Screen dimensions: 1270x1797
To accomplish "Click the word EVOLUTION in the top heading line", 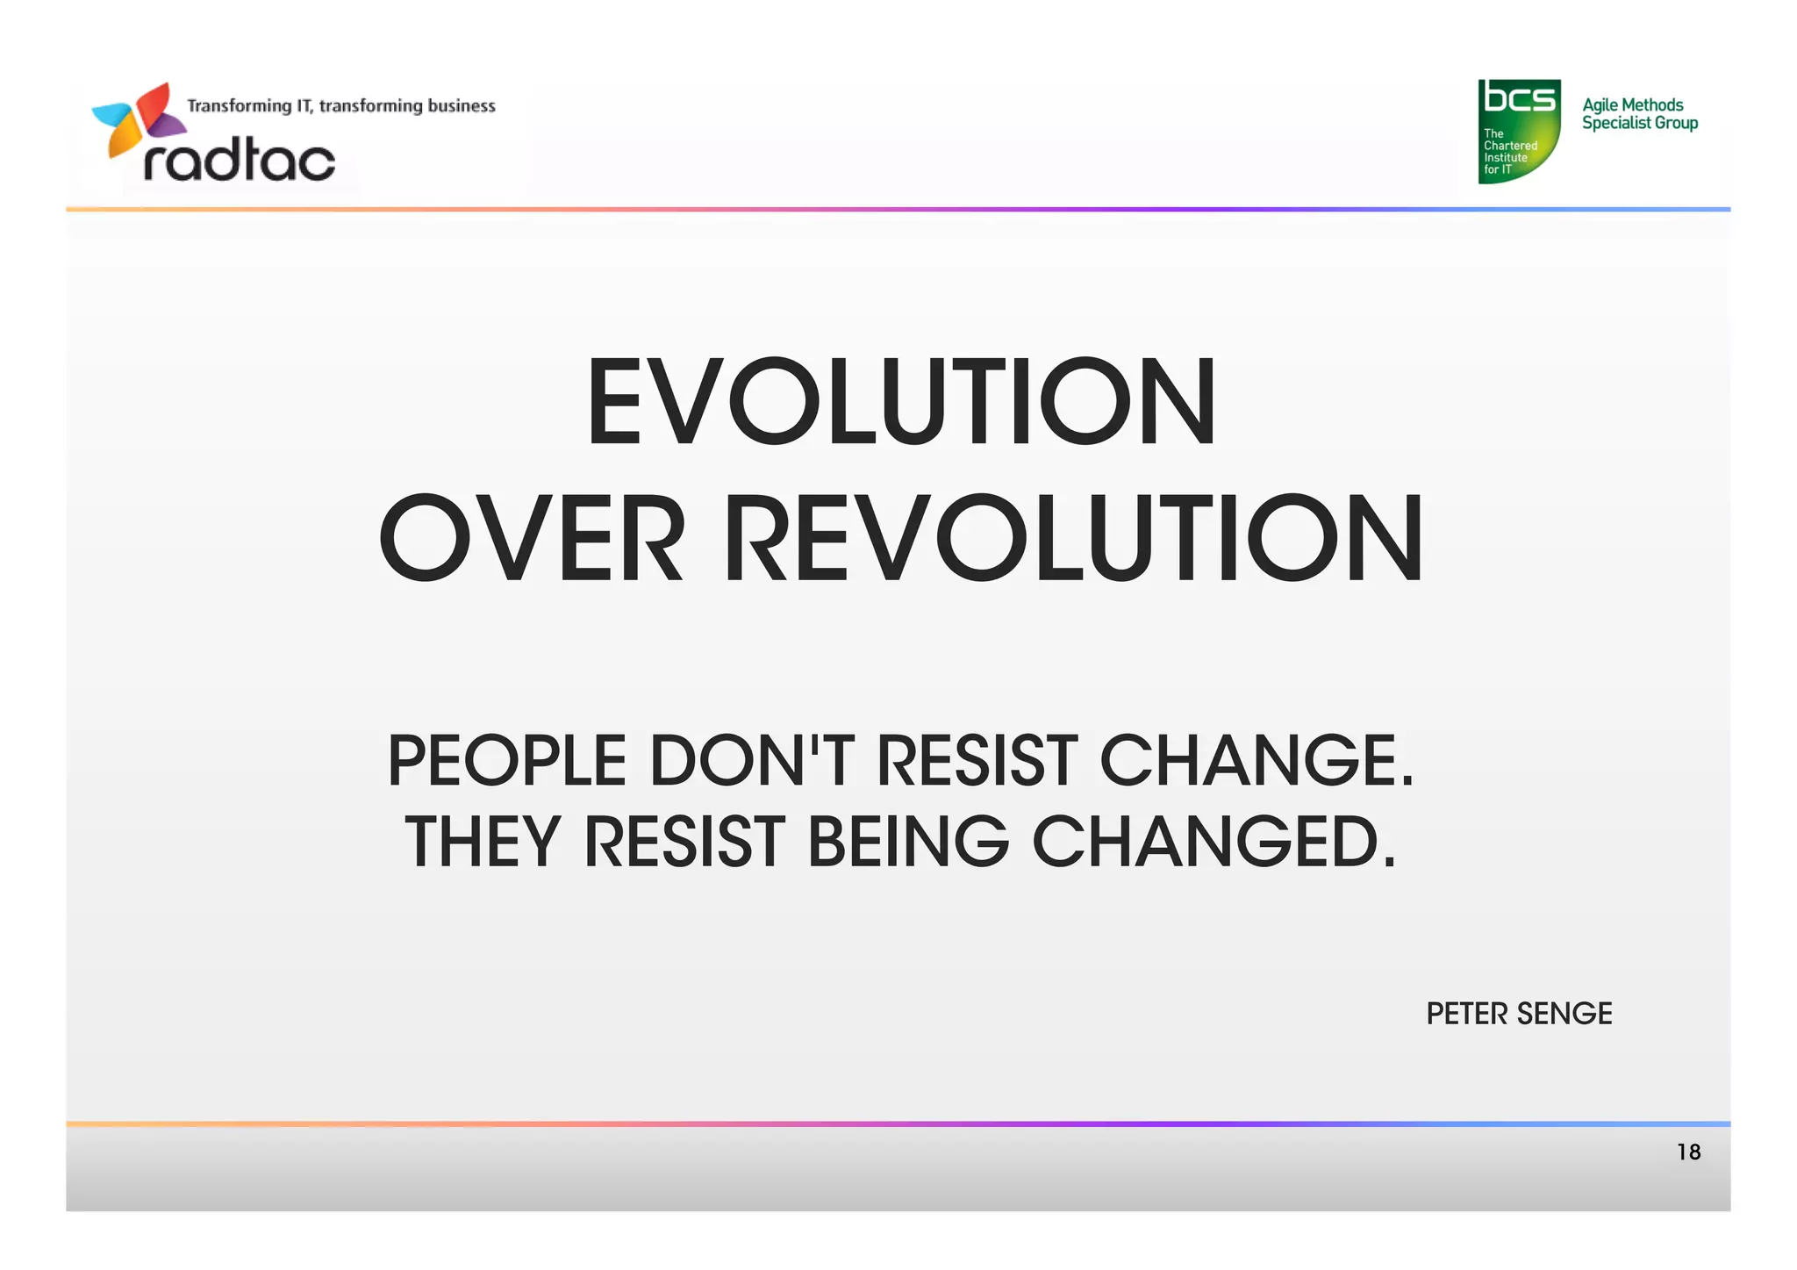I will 901,403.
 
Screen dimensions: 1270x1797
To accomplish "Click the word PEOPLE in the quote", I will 507,760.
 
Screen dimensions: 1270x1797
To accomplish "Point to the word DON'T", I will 751,760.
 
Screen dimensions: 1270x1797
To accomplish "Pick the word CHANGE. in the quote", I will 1256,760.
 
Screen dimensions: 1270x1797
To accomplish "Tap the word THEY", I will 482,842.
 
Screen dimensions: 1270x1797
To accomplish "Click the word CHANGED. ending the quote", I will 1214,842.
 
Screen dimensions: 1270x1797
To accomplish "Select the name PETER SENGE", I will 1519,1014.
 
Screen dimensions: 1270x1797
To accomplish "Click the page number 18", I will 1688,1152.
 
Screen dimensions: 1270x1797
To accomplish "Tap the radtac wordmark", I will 239,161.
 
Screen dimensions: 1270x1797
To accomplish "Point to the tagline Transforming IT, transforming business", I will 341,106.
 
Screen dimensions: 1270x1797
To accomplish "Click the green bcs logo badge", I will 1519,131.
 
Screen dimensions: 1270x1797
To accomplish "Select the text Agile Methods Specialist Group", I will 1639,114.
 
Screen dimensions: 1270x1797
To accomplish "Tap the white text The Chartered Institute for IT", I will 1509,152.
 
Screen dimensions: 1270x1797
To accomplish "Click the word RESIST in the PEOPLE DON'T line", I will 977,760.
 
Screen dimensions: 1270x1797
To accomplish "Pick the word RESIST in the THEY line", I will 684,842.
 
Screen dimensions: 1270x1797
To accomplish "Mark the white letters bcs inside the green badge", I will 1519,98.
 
